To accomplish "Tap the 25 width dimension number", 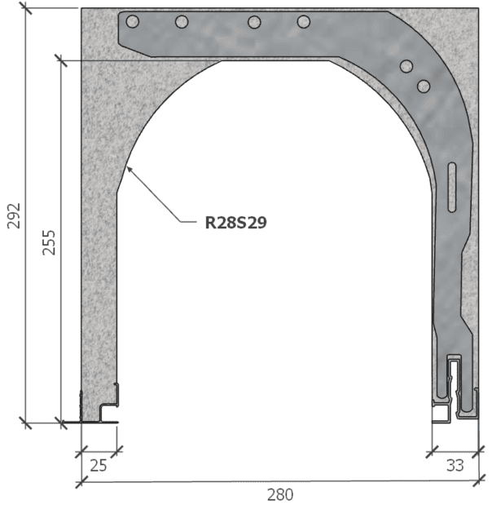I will pos(99,466).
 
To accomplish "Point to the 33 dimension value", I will pos(455,466).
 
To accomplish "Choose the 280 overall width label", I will pos(279,494).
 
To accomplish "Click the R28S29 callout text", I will pos(236,220).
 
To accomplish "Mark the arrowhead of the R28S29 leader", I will pos(129,166).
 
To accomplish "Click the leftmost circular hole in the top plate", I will pos(133,21).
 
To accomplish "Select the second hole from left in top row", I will pos(182,21).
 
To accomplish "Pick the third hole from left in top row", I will pos(254,21).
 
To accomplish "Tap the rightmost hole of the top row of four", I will pos(304,21).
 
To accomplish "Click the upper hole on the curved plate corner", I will pos(406,67).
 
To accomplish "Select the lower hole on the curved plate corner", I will pos(423,85).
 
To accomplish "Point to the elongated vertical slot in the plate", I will pos(452,188).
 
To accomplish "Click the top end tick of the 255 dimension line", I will pos(59,58).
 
